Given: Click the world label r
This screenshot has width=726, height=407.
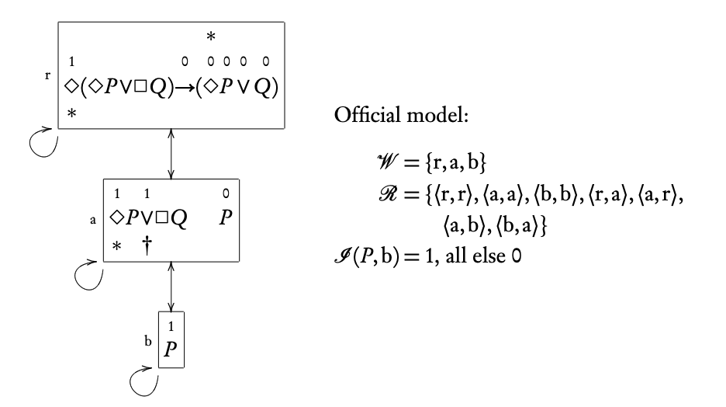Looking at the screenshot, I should click(x=47, y=76).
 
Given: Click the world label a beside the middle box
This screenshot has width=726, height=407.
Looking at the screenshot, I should click(x=93, y=220).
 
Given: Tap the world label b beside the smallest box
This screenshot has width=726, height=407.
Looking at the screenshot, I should click(x=148, y=339).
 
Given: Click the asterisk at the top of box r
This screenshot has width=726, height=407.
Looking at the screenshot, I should click(x=209, y=37).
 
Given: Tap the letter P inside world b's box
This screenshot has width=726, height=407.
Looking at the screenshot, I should click(x=171, y=348).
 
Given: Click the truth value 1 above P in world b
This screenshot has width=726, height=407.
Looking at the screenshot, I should click(x=171, y=325).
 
